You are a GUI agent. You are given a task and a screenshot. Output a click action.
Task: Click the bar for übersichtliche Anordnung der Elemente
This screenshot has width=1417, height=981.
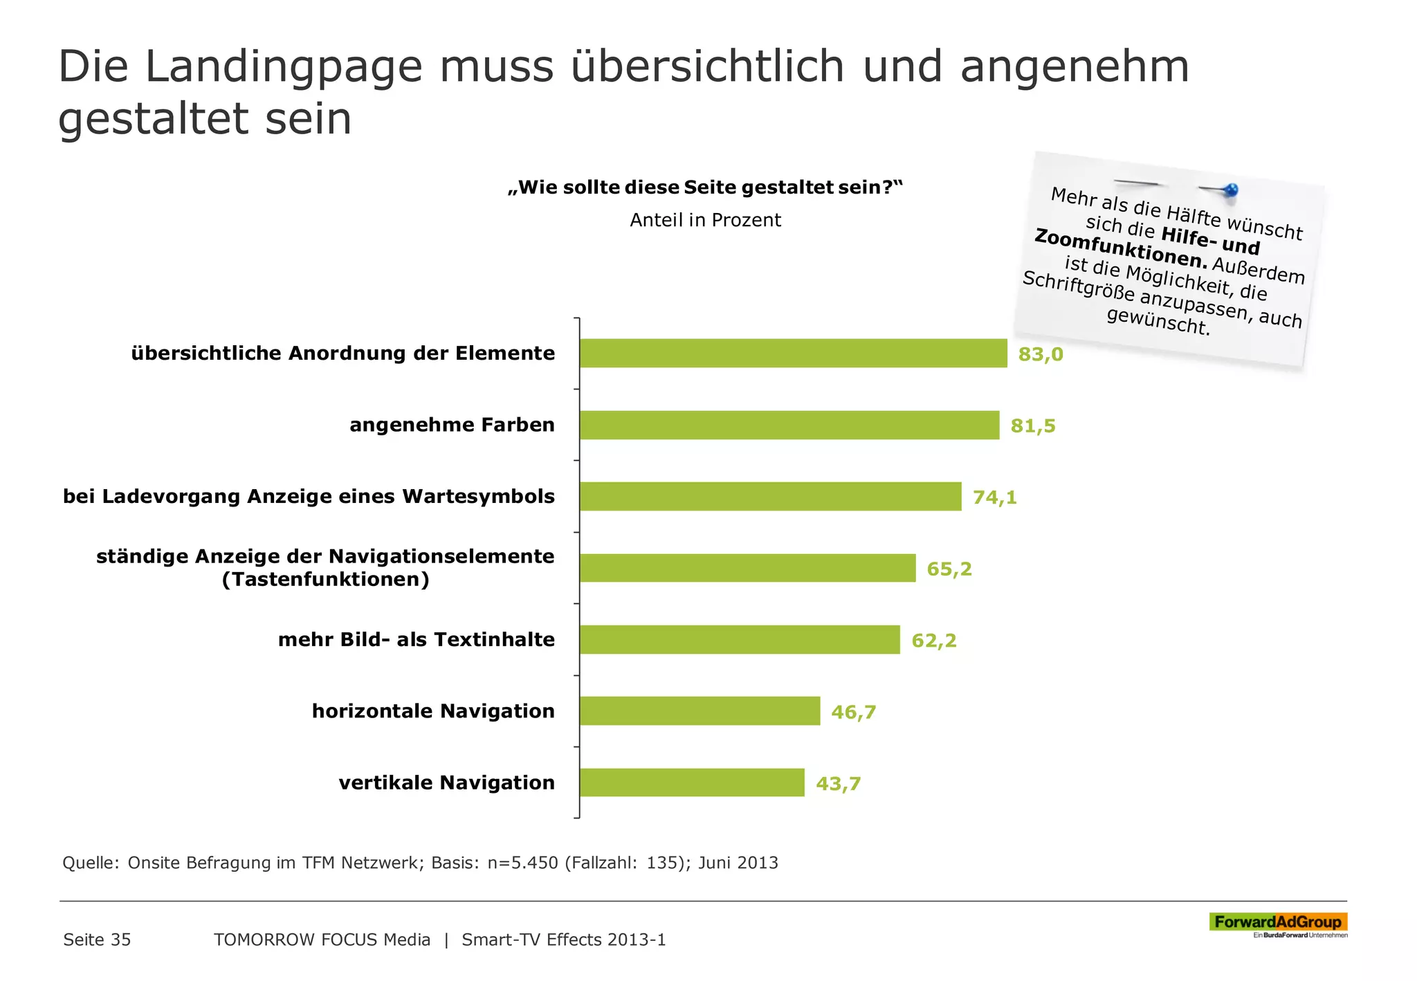(793, 354)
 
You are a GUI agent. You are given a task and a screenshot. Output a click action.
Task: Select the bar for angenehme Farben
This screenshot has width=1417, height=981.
(789, 425)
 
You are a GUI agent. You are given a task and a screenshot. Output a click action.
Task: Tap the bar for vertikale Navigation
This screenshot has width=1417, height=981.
(692, 782)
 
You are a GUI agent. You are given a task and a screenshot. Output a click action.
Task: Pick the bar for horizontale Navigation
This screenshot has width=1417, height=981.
(700, 711)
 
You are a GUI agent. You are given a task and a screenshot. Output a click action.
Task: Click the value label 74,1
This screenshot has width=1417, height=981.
(994, 497)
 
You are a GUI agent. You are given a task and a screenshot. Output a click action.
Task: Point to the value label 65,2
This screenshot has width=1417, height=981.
(949, 569)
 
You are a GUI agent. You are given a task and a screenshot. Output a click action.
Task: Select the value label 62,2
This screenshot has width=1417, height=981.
(933, 641)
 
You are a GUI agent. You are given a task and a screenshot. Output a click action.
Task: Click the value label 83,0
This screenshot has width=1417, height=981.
(1040, 354)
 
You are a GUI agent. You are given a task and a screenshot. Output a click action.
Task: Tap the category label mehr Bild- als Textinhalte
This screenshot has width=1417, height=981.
(416, 639)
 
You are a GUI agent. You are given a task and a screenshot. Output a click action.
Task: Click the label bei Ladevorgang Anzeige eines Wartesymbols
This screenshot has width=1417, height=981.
(309, 497)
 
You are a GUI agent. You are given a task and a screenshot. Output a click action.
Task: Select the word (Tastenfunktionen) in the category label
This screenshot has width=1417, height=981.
(325, 580)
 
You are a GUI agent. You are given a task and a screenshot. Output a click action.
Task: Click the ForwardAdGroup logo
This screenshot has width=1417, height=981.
(1277, 922)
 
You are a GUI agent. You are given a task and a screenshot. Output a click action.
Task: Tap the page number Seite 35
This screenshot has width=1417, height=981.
(97, 939)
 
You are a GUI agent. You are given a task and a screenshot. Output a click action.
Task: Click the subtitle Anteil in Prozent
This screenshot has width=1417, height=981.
(705, 220)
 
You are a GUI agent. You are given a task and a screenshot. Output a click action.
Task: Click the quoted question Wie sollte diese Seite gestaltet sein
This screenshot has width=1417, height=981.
(705, 187)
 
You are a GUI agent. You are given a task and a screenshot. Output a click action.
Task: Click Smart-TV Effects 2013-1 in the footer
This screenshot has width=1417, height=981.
(563, 939)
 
